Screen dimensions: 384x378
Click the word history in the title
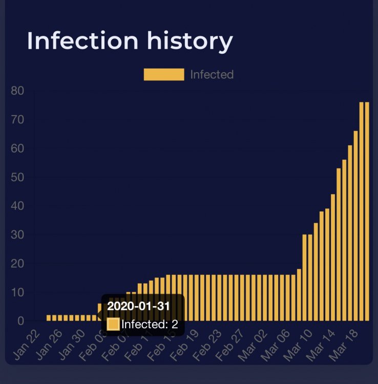click(190, 40)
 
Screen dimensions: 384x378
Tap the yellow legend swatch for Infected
click(163, 74)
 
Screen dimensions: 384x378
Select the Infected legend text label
click(212, 74)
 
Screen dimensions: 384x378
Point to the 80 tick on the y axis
click(17, 91)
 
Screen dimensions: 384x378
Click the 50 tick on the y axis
click(17, 177)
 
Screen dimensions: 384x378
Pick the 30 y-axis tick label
click(17, 235)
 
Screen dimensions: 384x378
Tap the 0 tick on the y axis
click(21, 321)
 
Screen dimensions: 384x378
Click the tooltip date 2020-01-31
click(138, 306)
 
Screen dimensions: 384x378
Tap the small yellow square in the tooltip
click(113, 324)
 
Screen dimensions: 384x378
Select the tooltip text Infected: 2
click(150, 324)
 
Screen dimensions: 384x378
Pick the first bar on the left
click(49, 318)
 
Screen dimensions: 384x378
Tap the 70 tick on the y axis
click(17, 120)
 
